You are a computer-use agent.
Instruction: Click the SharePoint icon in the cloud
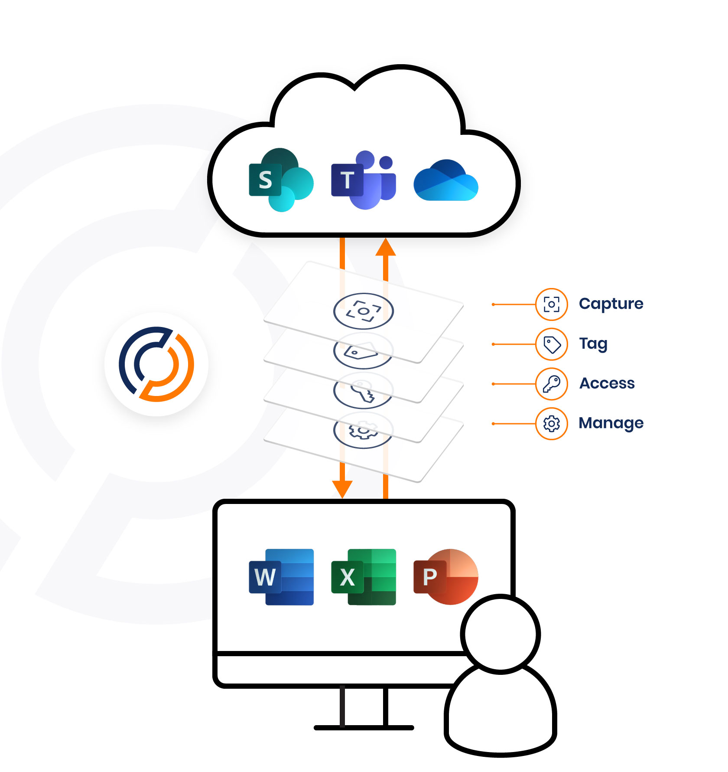coord(280,180)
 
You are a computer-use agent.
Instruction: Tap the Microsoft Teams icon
coord(363,180)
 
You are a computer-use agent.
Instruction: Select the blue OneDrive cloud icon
coord(446,180)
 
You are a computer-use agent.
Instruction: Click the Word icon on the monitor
coord(281,577)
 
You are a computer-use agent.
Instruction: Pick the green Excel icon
coord(363,577)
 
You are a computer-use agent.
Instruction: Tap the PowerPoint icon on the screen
coord(446,577)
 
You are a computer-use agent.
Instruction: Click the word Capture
coord(611,304)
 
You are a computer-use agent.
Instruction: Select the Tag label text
coord(593,343)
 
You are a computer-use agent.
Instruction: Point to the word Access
coord(607,383)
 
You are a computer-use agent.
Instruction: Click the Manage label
coord(611,423)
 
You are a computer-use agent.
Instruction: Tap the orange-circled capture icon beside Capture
coord(551,304)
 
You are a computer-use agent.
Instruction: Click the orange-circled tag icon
coord(551,344)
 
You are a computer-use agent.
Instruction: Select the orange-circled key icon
coord(551,384)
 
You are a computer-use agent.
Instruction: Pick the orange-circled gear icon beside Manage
coord(551,424)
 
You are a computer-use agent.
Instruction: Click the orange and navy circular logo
coord(156,364)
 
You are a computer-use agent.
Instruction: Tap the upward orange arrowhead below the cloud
coord(385,248)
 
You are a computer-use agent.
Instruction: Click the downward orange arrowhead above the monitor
coord(342,489)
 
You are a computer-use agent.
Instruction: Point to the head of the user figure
coord(500,634)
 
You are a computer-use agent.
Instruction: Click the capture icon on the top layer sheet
coord(363,311)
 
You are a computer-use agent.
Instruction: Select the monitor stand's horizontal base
coord(364,727)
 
